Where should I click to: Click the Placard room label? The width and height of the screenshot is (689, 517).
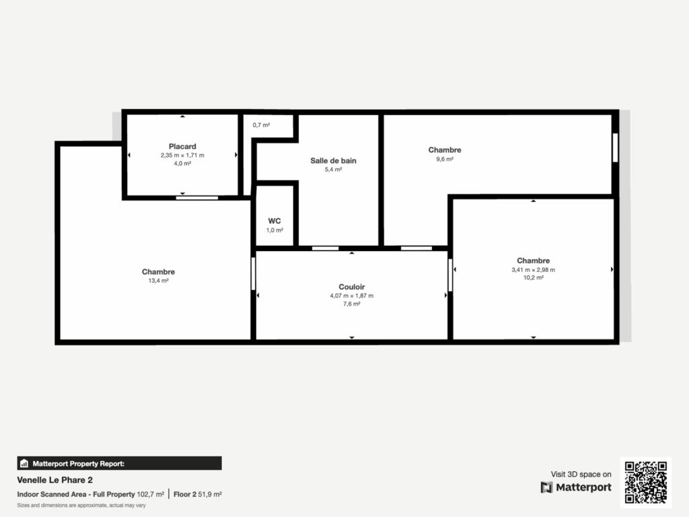tap(182, 146)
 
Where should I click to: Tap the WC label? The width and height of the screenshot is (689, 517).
tap(275, 221)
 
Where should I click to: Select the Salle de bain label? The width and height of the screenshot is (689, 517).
tap(333, 160)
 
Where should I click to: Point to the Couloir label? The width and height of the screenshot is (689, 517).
tap(351, 287)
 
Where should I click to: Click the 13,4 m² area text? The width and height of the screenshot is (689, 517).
tap(158, 281)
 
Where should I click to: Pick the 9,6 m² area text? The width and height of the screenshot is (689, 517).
tap(445, 159)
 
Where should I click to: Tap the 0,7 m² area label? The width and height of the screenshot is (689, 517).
tap(261, 125)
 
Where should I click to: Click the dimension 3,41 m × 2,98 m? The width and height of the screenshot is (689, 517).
tap(533, 269)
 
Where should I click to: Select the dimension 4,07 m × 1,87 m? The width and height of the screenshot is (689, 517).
tap(351, 296)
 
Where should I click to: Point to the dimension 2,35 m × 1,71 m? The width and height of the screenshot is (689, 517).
tap(182, 156)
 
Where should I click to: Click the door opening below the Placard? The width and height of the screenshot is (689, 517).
tap(197, 198)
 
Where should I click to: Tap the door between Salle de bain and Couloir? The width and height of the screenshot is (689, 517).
tap(325, 248)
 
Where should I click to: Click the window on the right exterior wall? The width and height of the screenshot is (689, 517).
tap(615, 147)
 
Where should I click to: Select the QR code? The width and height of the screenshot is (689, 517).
tap(646, 482)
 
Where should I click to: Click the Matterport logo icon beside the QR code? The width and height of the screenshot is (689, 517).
tap(546, 487)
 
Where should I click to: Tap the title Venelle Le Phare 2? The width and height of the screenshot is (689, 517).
tap(55, 479)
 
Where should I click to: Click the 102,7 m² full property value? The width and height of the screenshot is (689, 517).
tap(150, 494)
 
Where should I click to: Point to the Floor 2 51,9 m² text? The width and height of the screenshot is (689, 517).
tap(197, 494)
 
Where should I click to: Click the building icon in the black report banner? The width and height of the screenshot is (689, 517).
tap(24, 463)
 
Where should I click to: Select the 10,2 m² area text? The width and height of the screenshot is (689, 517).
tap(533, 278)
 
